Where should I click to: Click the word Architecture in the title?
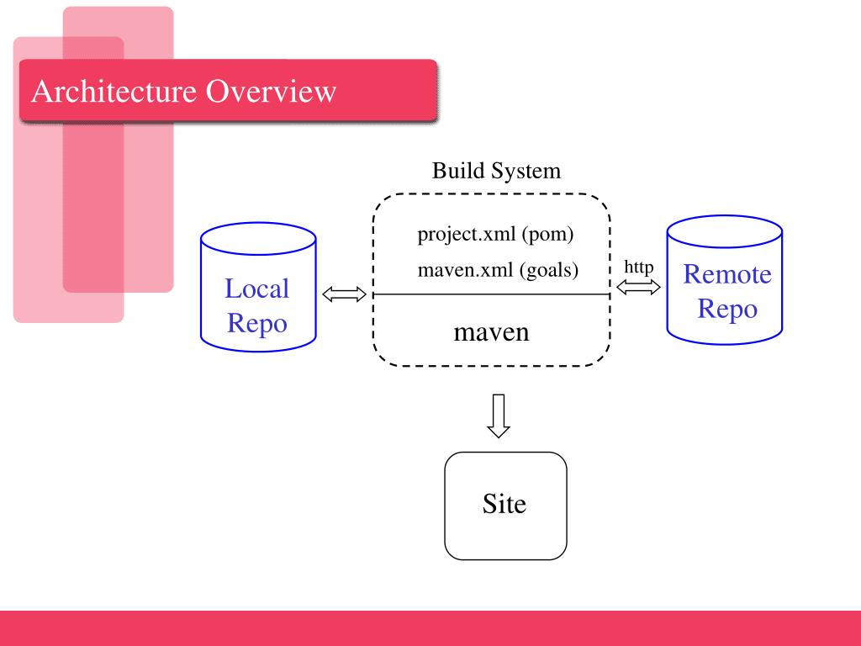[x=114, y=91]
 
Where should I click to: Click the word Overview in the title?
[x=271, y=91]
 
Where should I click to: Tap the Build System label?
[x=496, y=171]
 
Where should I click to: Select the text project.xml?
[x=466, y=235]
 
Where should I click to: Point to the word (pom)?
[x=547, y=235]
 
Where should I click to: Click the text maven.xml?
[x=465, y=270]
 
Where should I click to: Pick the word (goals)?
[x=548, y=270]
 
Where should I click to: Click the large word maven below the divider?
[x=491, y=332]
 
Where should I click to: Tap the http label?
[x=639, y=267]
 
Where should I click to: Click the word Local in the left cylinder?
[x=256, y=289]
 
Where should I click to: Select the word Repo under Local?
[x=257, y=323]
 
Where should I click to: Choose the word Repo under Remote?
[x=727, y=308]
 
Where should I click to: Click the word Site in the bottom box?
[x=504, y=504]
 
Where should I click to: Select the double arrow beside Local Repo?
[x=344, y=294]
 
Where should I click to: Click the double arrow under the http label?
[x=639, y=287]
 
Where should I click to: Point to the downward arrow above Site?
[x=499, y=416]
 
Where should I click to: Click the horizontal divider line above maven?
[x=491, y=294]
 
